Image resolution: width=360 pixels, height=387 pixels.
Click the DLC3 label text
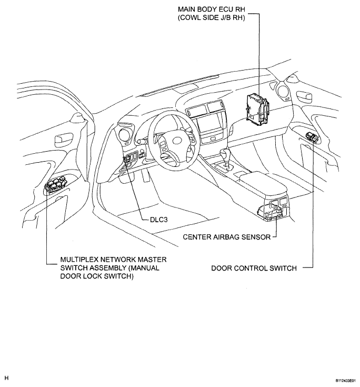point(158,220)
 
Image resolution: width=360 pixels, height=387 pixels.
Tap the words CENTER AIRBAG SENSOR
point(226,237)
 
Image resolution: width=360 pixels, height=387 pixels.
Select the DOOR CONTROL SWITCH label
point(254,268)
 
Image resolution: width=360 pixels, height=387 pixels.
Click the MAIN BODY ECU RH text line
point(212,9)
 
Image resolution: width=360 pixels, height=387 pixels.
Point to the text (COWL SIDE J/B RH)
point(212,18)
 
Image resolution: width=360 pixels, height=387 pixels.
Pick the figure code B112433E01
point(345,381)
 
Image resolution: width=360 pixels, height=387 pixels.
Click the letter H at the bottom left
point(6,378)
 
